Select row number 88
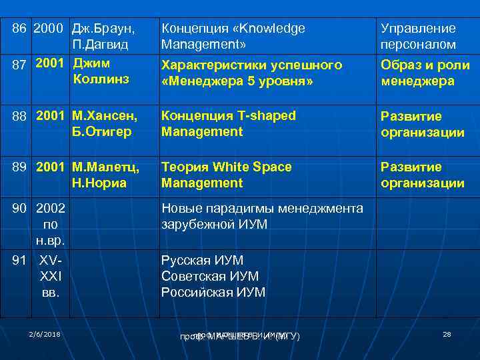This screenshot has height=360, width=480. coord(20,116)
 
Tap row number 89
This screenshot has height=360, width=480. coord(20,167)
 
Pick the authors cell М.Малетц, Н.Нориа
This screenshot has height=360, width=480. coord(105,175)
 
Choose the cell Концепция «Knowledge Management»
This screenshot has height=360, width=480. coord(233,37)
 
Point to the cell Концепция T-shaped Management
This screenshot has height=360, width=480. coord(228,123)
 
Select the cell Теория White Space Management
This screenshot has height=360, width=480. coord(226,175)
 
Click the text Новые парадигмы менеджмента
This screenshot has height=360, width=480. coord(262,209)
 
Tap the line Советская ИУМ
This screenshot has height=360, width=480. coord(209,276)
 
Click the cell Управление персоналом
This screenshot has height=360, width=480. coord(418,37)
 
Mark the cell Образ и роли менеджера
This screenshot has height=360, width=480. coord(425,73)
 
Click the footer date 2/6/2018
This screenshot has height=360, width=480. coord(44,333)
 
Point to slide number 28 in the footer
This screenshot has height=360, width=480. coord(447,333)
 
